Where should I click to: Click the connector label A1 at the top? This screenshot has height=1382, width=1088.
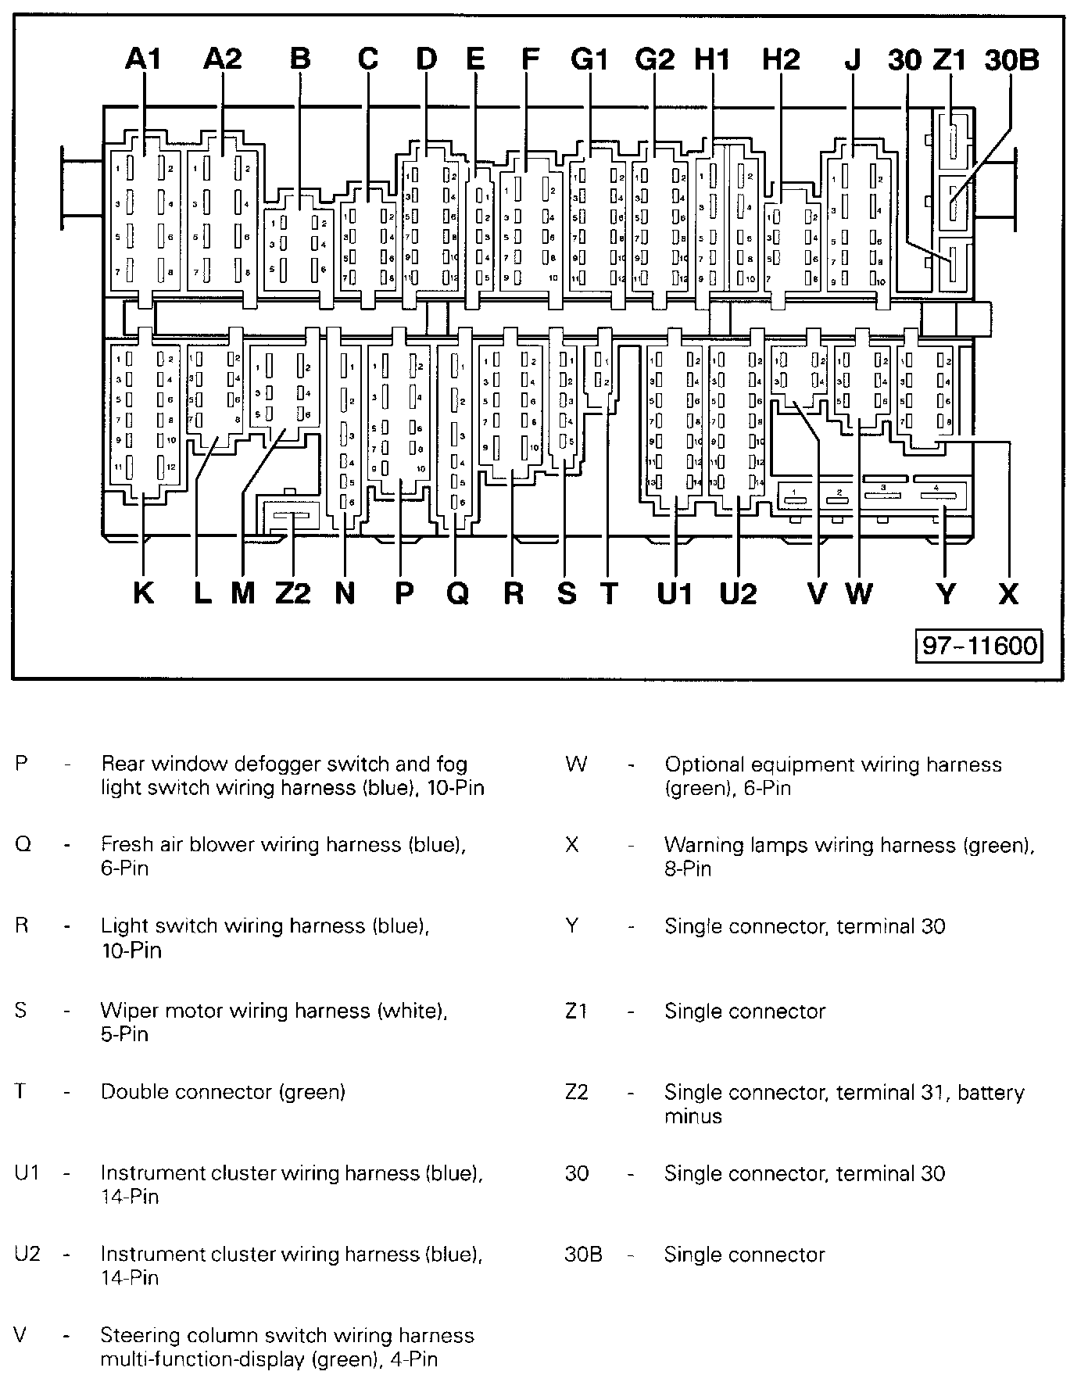pyautogui.click(x=143, y=59)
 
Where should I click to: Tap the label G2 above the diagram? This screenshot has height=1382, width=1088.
pyautogui.click(x=654, y=59)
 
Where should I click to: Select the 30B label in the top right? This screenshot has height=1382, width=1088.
pyautogui.click(x=1011, y=59)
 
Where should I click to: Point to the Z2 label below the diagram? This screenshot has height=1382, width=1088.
pyautogui.click(x=293, y=593)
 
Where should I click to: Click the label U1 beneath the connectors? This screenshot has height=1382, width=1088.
pyautogui.click(x=675, y=593)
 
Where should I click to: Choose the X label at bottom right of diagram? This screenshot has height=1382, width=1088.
pyautogui.click(x=1008, y=593)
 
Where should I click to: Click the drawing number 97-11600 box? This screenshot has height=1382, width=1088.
pyautogui.click(x=979, y=646)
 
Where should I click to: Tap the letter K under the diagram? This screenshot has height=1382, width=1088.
pyautogui.click(x=143, y=593)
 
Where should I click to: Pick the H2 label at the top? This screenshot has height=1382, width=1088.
pyautogui.click(x=781, y=59)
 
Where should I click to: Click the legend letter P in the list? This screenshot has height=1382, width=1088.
pyautogui.click(x=22, y=764)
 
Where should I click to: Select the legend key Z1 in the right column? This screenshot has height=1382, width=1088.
pyautogui.click(x=576, y=1011)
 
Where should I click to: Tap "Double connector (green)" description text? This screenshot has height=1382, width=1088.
pyautogui.click(x=223, y=1091)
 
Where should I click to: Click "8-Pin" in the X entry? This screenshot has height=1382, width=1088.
pyautogui.click(x=688, y=868)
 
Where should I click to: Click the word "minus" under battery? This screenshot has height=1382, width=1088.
pyautogui.click(x=693, y=1116)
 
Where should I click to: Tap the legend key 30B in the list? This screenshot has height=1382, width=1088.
pyautogui.click(x=583, y=1255)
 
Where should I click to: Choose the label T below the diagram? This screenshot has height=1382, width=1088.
pyautogui.click(x=609, y=593)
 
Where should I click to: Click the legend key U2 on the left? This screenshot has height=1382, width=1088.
pyautogui.click(x=27, y=1255)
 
